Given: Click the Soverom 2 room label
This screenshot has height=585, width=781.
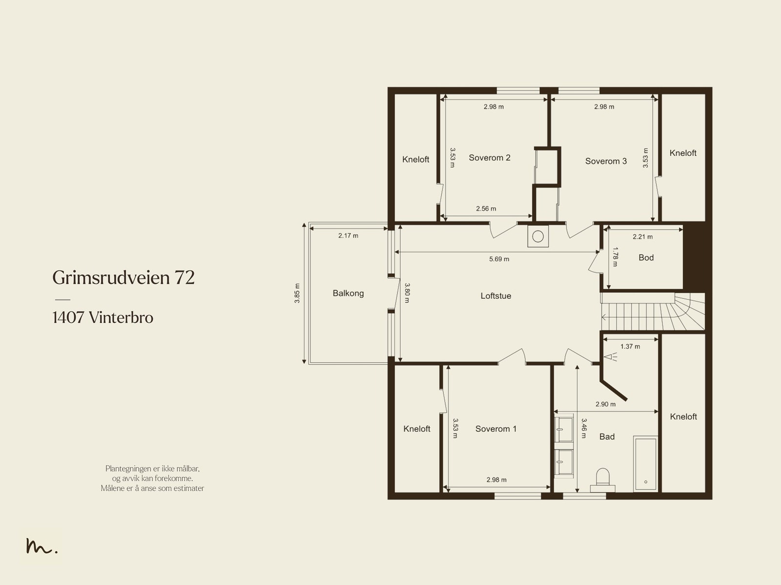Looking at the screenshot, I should pyautogui.click(x=489, y=158).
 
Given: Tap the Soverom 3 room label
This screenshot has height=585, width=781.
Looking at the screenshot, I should pyautogui.click(x=606, y=161).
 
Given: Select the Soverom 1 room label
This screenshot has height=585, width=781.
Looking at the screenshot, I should pyautogui.click(x=495, y=429).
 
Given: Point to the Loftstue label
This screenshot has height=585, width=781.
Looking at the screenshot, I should pyautogui.click(x=495, y=296).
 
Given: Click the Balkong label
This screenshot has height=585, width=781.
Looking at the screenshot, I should pyautogui.click(x=348, y=293).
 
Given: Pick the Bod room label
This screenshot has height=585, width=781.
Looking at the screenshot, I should pyautogui.click(x=646, y=258).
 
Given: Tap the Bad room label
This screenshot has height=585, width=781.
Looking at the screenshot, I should pyautogui.click(x=607, y=437).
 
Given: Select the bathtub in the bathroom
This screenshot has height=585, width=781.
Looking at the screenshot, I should pyautogui.click(x=645, y=463).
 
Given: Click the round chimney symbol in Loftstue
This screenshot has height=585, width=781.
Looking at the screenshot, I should pyautogui.click(x=538, y=237).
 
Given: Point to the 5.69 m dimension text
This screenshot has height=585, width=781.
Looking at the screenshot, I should pyautogui.click(x=499, y=259).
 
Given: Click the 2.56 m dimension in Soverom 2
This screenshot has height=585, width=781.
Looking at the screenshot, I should pyautogui.click(x=486, y=209).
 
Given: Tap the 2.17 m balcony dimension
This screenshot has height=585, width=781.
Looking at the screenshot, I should pyautogui.click(x=348, y=236).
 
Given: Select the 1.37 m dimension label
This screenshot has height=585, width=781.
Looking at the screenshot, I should pyautogui.click(x=630, y=347).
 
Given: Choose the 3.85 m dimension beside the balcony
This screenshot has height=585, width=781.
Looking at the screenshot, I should pyautogui.click(x=297, y=293).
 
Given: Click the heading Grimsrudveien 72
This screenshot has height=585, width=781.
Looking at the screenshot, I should pyautogui.click(x=123, y=278).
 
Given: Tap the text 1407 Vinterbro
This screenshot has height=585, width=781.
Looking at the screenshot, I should pyautogui.click(x=103, y=318).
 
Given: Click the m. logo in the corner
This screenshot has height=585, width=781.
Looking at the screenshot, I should pyautogui.click(x=41, y=546).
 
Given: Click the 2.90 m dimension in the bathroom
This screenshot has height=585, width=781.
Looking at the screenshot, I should pyautogui.click(x=605, y=404).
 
